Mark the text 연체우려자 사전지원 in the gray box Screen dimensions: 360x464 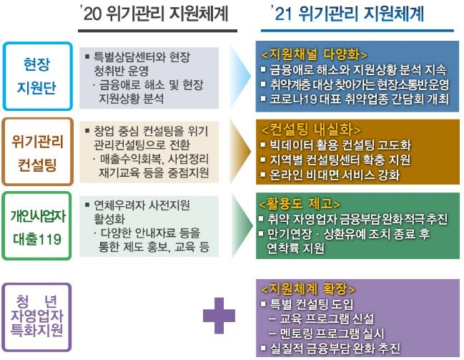[138, 203]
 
